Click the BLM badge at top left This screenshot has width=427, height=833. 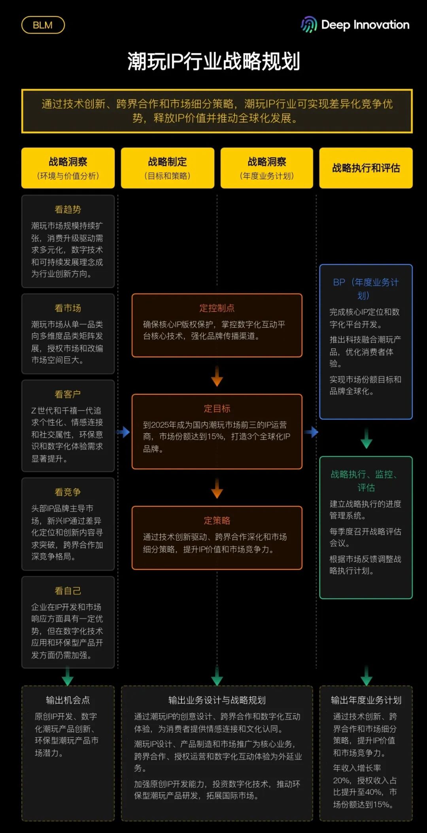pos(43,25)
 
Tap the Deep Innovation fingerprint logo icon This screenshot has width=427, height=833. pos(309,24)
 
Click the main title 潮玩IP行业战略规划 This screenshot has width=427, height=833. pos(213,61)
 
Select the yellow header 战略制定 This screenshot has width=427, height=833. pos(167,162)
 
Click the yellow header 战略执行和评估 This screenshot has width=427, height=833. pos(366,168)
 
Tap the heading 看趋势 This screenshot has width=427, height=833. pos(68,209)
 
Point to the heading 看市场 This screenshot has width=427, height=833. pos(68,308)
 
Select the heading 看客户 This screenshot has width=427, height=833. pos(68,394)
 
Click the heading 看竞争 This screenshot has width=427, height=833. pos(68,492)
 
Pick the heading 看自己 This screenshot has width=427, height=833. pos(68,590)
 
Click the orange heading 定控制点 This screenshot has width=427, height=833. pos(217,308)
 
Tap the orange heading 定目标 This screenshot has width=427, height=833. pos(217,408)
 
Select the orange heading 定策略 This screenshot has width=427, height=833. pos(217,520)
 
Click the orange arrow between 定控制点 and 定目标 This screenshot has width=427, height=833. pos(217,376)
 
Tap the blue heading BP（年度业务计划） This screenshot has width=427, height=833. pos(366,288)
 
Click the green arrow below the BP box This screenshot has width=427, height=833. pos(366,438)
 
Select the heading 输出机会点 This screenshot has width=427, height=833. pos(68,700)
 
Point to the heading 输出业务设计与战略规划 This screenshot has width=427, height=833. pos(217,700)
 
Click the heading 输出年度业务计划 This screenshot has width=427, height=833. pos(366,700)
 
